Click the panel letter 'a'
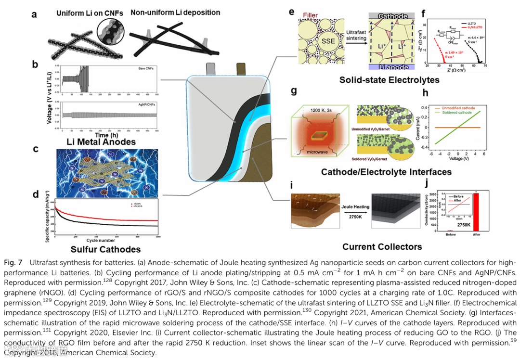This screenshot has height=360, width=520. pyautogui.click(x=34, y=14)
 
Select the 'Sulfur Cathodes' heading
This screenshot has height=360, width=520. pyautogui.click(x=105, y=249)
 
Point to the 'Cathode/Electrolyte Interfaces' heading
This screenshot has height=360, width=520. pyautogui.click(x=386, y=172)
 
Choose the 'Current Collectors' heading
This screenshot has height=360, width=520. pyautogui.click(x=382, y=247)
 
